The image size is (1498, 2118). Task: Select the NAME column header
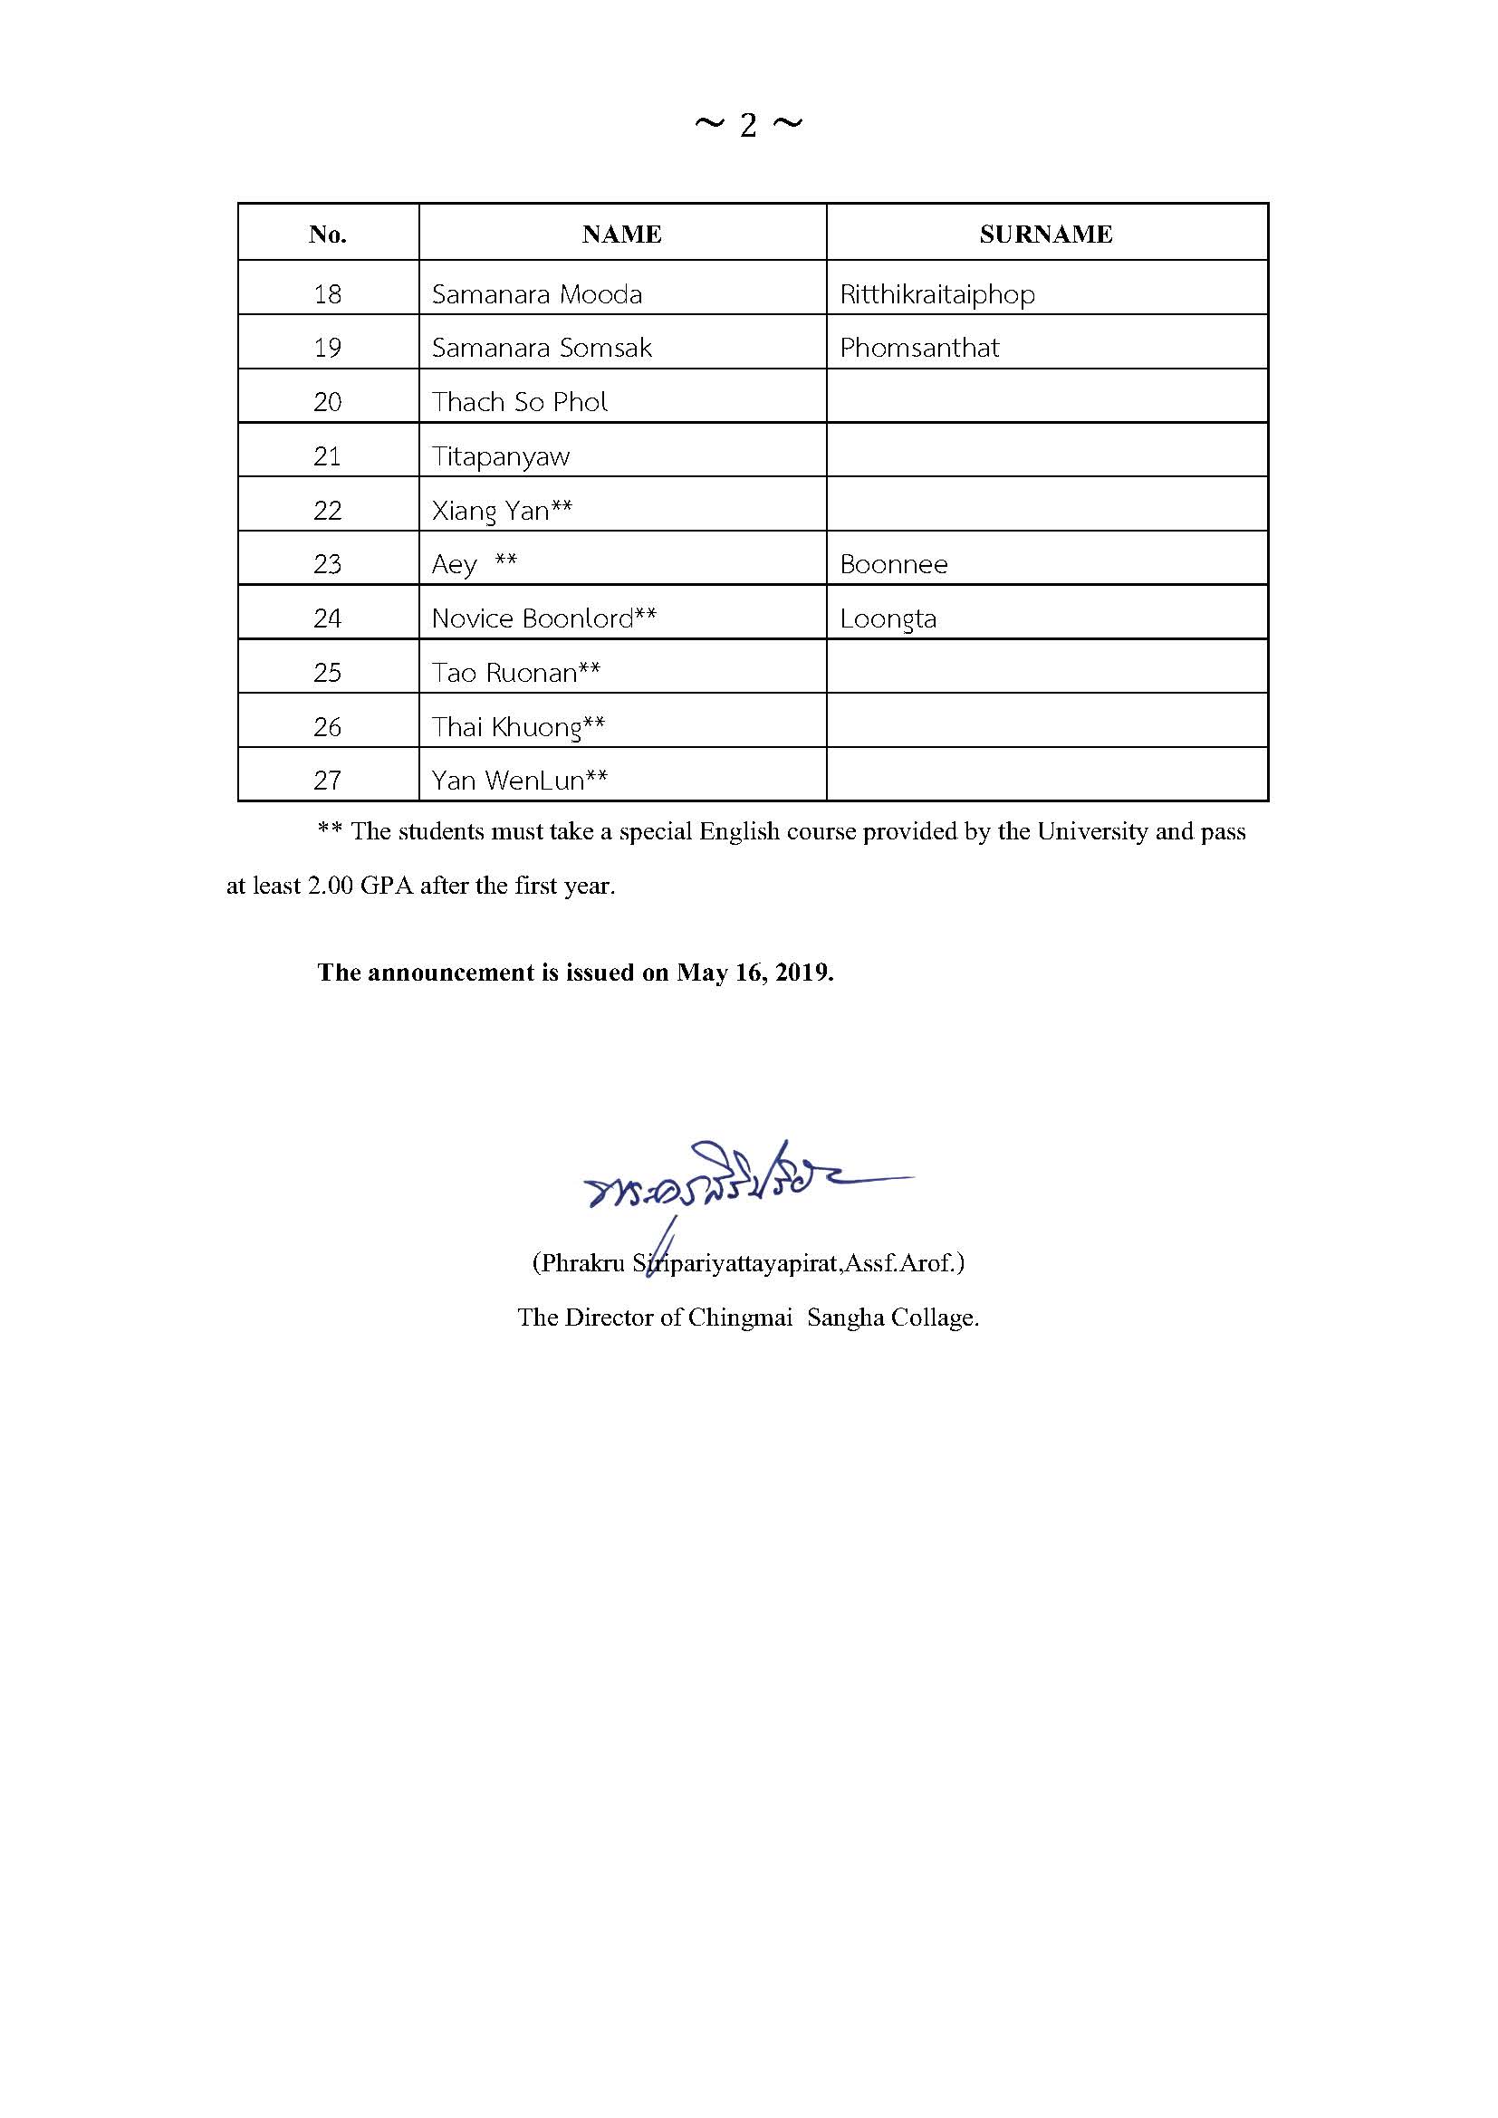[x=621, y=235]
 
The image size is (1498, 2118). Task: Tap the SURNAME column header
[x=1046, y=235]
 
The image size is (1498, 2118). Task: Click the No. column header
[x=328, y=235]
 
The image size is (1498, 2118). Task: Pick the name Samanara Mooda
[x=537, y=294]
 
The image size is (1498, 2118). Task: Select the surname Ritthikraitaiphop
[x=937, y=294]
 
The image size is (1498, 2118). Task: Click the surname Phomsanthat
[x=919, y=348]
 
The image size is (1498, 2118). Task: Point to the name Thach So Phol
[x=520, y=402]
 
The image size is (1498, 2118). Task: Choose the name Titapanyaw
[x=501, y=456]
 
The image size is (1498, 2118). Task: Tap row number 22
[x=328, y=511]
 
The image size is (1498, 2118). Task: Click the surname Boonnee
[x=894, y=564]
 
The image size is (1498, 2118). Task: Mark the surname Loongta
[x=888, y=618]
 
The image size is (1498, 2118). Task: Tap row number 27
[x=328, y=781]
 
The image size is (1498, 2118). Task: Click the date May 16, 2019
[x=754, y=973]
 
